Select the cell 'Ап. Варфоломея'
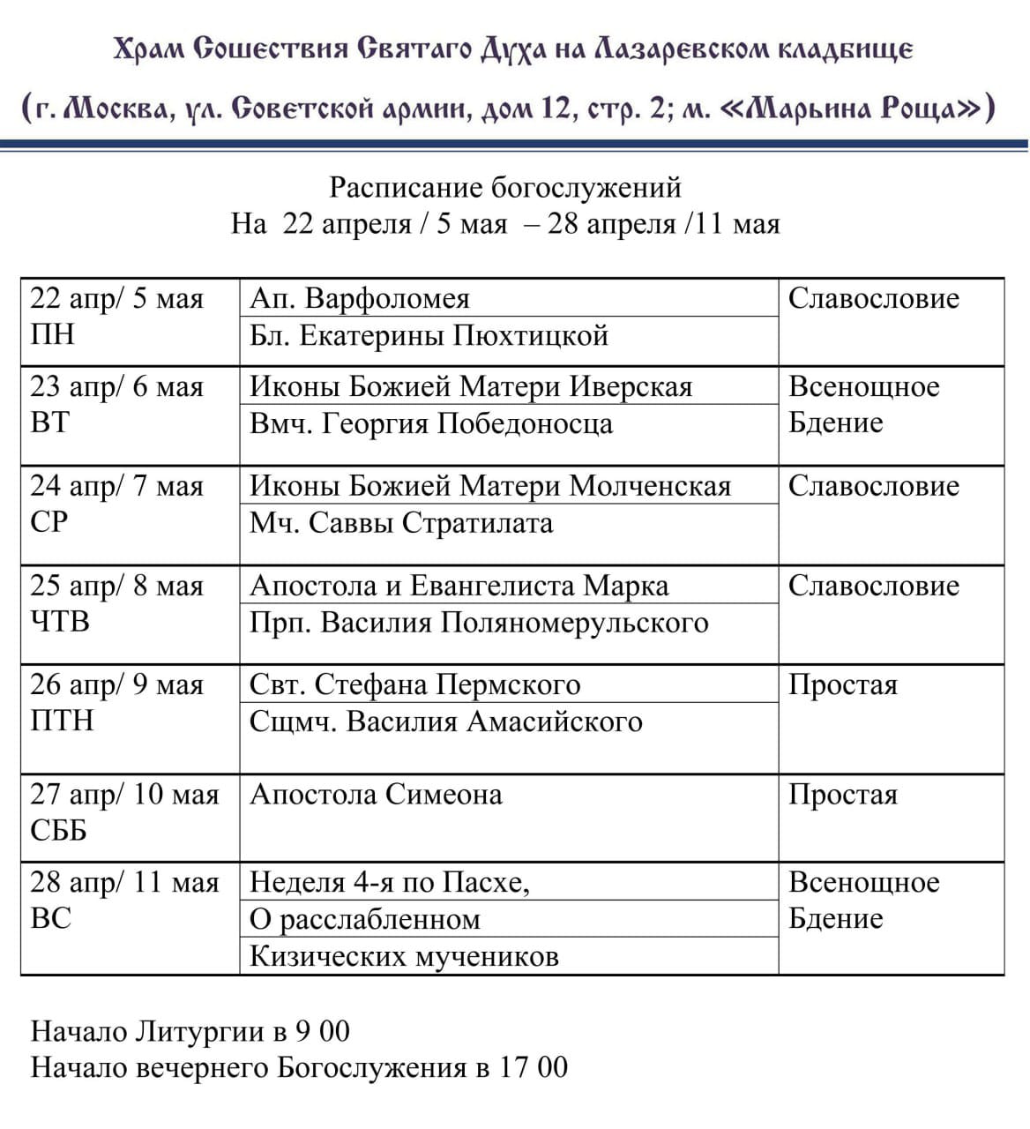[360, 298]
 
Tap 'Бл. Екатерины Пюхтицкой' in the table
[429, 336]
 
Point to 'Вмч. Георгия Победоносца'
[431, 423]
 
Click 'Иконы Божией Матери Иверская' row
[471, 386]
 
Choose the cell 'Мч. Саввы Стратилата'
[401, 523]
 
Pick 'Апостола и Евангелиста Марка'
[459, 586]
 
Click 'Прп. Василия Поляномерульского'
[479, 623]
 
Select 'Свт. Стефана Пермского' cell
[415, 684]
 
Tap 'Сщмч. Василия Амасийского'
[446, 722]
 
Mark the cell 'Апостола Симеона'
[377, 795]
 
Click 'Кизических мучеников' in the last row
[405, 956]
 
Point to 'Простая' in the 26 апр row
[843, 685]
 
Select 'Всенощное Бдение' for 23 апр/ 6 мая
[863, 405]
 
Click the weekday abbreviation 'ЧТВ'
[60, 622]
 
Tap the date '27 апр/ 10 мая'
[124, 795]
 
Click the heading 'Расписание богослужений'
[505, 187]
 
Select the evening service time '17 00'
[534, 1068]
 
